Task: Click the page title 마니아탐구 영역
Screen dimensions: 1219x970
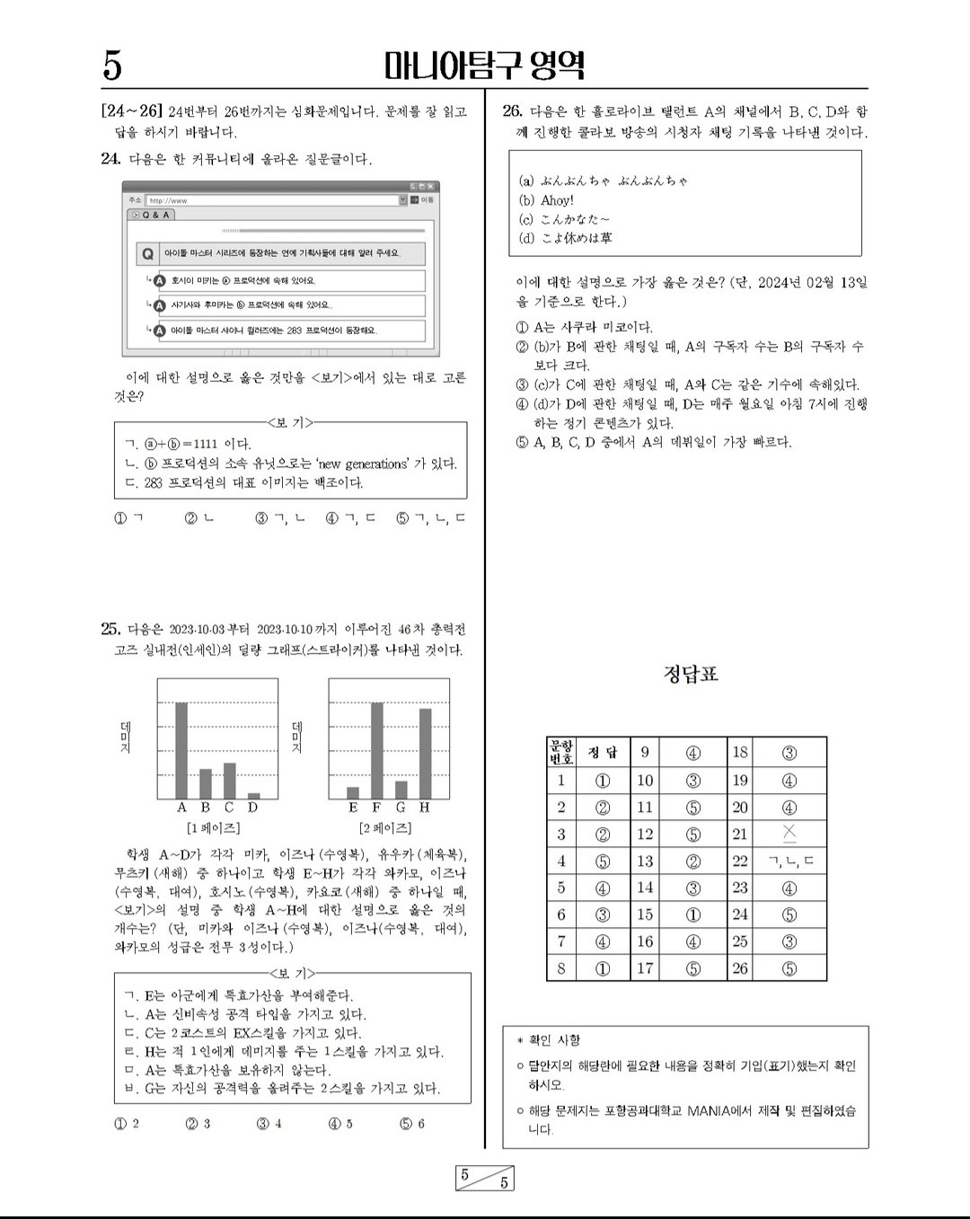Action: (x=484, y=65)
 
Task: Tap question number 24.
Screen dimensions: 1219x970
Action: (x=110, y=159)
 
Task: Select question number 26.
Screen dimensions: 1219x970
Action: (x=512, y=111)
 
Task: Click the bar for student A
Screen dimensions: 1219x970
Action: (x=181, y=750)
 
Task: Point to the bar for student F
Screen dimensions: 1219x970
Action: (x=377, y=750)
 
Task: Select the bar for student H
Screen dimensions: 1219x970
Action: (x=425, y=753)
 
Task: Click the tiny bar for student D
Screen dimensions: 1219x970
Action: (x=253, y=795)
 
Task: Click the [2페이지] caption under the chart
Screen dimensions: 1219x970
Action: (x=385, y=827)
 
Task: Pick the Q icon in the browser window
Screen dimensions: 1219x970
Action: (x=147, y=254)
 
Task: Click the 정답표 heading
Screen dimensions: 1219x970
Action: (x=691, y=674)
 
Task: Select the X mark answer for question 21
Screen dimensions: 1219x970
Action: (x=789, y=834)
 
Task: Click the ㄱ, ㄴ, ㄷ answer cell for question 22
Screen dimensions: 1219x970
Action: (x=789, y=861)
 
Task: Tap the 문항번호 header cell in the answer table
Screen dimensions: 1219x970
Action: (x=560, y=752)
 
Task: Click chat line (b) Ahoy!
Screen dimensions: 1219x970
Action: (x=546, y=200)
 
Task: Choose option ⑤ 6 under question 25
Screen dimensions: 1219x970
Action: (x=412, y=1123)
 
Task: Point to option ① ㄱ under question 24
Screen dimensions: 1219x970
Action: (x=128, y=518)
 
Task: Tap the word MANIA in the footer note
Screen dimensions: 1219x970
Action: (x=710, y=1110)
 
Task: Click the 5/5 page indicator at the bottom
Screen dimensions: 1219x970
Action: (x=484, y=1178)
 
